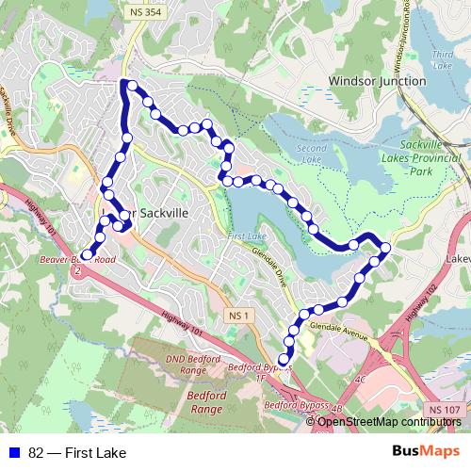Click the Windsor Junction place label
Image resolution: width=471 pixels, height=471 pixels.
[x=377, y=82]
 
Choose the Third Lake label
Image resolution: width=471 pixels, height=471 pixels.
[x=442, y=60]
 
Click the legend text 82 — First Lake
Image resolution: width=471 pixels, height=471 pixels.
[x=77, y=452]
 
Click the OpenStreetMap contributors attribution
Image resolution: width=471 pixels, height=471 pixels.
[x=389, y=421]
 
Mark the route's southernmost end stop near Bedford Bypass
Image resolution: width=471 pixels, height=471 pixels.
[x=284, y=358]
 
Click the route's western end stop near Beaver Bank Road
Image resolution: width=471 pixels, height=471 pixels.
[x=87, y=254]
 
